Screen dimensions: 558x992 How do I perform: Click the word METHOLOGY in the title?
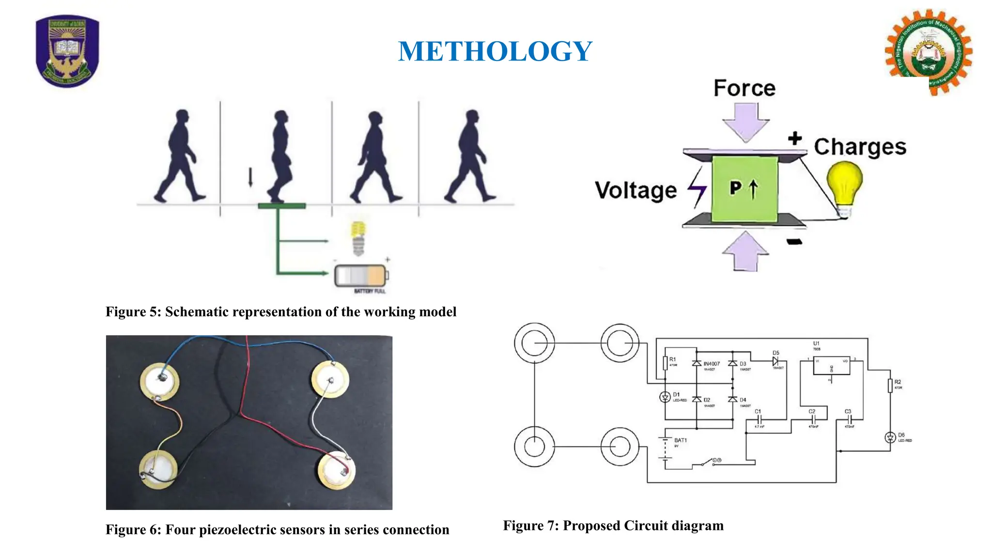[x=495, y=51]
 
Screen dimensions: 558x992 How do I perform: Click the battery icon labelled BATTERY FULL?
[x=361, y=276]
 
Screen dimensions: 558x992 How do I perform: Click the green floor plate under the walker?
[x=281, y=206]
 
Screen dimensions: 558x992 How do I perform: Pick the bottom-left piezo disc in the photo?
[x=158, y=469]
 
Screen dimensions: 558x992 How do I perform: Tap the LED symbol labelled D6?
[x=890, y=438]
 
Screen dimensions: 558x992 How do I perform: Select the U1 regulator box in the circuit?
[x=831, y=366]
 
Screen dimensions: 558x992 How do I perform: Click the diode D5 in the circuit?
[x=775, y=361]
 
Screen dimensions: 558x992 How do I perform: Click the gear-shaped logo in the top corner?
[x=928, y=52]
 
